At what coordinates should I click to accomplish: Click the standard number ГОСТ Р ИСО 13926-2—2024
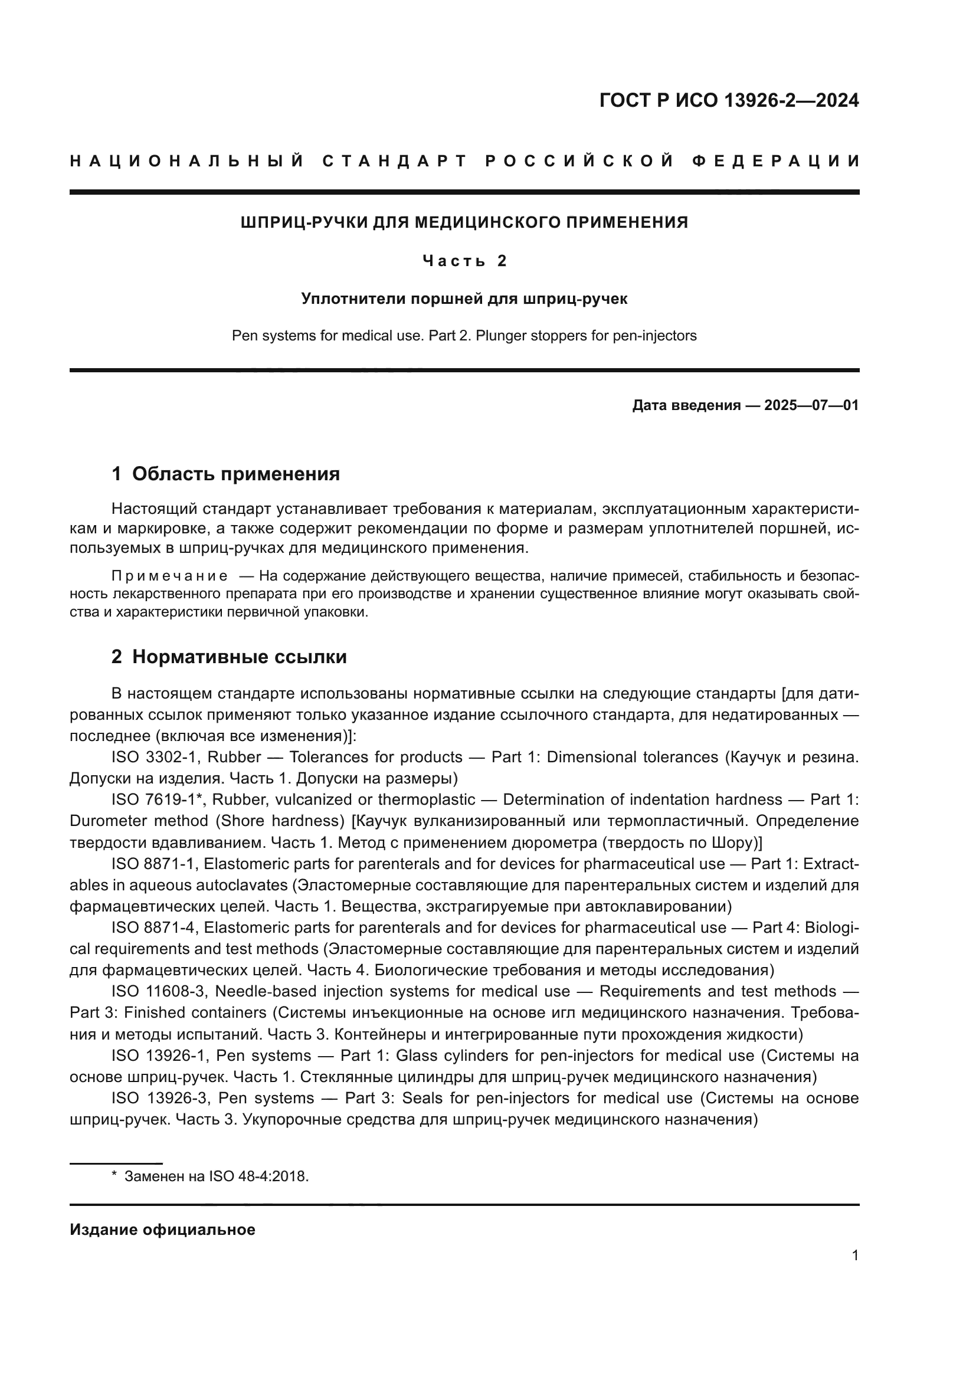[x=728, y=100]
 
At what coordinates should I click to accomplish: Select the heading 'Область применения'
[x=235, y=474]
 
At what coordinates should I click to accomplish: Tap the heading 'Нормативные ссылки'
[x=239, y=657]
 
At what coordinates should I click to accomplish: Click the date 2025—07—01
[x=811, y=405]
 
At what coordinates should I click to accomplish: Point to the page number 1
[x=855, y=1256]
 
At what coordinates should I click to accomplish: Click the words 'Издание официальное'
[x=162, y=1230]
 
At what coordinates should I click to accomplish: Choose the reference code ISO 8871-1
[x=153, y=864]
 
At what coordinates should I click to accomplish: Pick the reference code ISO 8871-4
[x=153, y=928]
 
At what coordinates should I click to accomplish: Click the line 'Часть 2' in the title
[x=464, y=261]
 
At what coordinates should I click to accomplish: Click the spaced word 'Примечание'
[x=170, y=576]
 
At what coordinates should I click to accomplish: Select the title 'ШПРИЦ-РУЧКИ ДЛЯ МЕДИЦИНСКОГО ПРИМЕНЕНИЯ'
[x=464, y=223]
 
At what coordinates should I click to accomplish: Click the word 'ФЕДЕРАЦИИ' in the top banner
[x=775, y=161]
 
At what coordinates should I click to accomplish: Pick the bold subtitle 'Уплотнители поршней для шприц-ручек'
[x=464, y=299]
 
